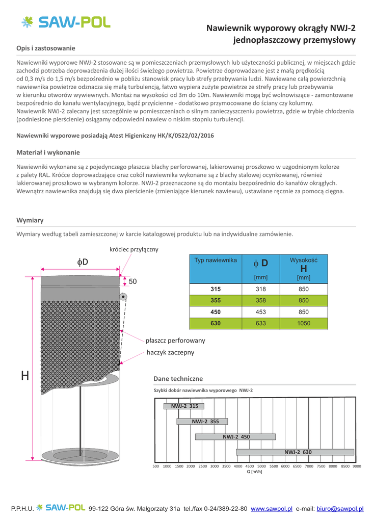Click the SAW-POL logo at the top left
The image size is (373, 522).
click(65, 22)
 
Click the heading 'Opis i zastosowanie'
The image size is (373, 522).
click(46, 48)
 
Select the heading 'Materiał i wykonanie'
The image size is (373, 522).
click(48, 152)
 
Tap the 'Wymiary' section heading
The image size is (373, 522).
click(30, 220)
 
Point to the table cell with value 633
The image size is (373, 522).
click(261, 323)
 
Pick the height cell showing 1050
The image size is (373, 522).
click(303, 323)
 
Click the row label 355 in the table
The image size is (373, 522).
click(215, 300)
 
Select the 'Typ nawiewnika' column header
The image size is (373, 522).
click(216, 260)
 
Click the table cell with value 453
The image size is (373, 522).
click(261, 311)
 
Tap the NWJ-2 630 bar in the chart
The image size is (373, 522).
click(296, 452)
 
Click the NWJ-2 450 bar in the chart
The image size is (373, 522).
click(235, 437)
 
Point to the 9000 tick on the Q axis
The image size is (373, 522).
click(357, 466)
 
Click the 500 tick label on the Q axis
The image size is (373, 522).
click(156, 466)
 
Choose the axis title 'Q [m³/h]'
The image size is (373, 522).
click(254, 472)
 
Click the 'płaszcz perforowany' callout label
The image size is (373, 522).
click(175, 340)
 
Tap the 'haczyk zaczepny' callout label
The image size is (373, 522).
click(170, 352)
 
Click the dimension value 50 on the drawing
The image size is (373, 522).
click(132, 281)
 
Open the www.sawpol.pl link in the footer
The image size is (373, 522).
click(272, 509)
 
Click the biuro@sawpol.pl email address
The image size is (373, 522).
click(340, 509)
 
